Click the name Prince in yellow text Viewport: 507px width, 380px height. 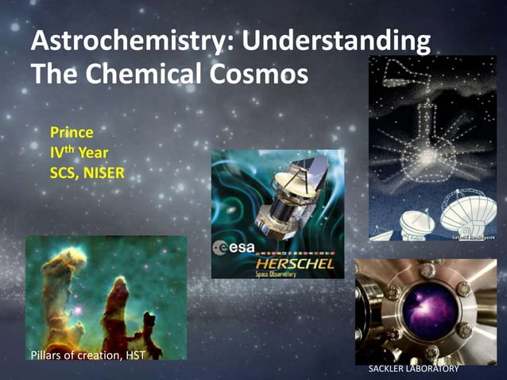point(72,131)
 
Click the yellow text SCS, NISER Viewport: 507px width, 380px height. point(87,169)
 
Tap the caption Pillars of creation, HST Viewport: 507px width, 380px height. point(87,355)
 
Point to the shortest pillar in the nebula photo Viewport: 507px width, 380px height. point(148,330)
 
